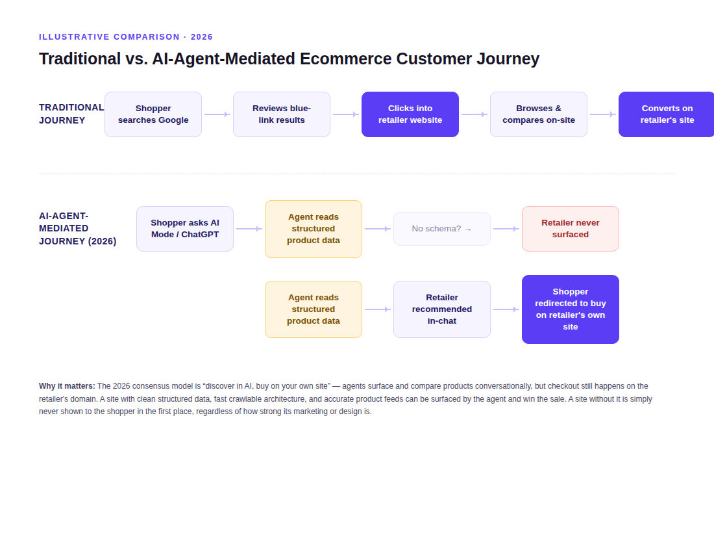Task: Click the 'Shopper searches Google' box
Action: pos(153,114)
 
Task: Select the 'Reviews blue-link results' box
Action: pos(282,114)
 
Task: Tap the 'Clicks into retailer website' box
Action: pos(410,114)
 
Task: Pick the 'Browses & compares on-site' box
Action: pos(539,114)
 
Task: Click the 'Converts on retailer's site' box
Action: pos(667,114)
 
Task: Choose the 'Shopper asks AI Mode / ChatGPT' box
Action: pos(185,229)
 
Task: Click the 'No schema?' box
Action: pos(441,229)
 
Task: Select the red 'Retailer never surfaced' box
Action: pos(571,229)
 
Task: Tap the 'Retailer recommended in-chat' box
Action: pos(441,309)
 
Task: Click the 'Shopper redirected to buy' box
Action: pos(571,309)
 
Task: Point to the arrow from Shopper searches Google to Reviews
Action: pos(217,114)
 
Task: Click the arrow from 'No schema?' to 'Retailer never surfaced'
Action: pos(506,229)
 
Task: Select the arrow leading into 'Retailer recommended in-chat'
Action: pos(378,309)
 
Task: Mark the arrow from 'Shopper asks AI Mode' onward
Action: pos(249,229)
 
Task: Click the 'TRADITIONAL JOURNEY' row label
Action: pos(71,114)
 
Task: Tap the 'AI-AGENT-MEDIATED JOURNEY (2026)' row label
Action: pos(78,228)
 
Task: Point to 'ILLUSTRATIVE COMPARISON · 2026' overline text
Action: pos(126,37)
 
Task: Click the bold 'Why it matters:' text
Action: pos(67,386)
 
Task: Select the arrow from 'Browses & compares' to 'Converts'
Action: pos(603,114)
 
